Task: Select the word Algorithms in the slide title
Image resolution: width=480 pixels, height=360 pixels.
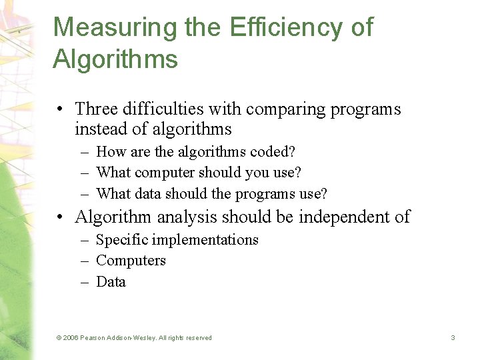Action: click(115, 59)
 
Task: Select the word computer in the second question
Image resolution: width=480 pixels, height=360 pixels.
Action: click(164, 173)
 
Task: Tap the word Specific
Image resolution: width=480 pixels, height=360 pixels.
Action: click(119, 239)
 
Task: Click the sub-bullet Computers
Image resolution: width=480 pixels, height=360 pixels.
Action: click(131, 261)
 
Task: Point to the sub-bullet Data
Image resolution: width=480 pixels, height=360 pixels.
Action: click(111, 282)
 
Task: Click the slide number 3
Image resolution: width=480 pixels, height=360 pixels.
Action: click(453, 338)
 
